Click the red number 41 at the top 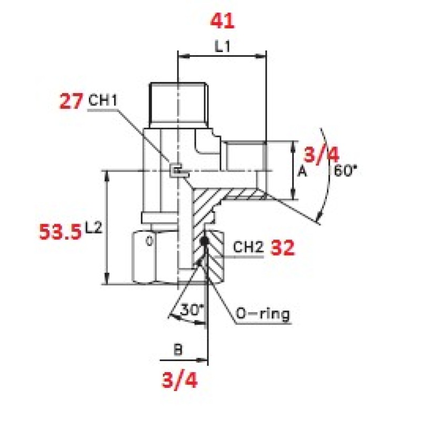click(x=222, y=21)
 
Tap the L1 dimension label click(x=223, y=46)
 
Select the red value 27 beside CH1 click(x=71, y=101)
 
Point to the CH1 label click(x=103, y=100)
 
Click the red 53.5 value click(x=60, y=232)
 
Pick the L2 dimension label click(x=94, y=228)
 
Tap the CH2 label click(x=248, y=247)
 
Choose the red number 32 click(x=283, y=247)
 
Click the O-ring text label click(x=263, y=313)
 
